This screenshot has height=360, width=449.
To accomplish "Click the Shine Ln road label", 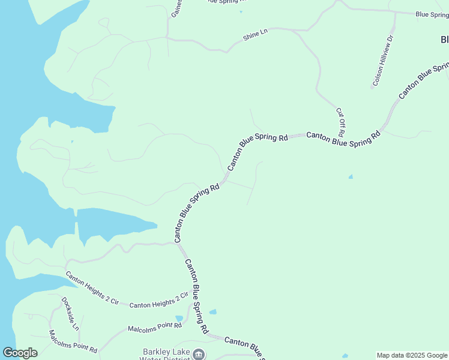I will (255, 36).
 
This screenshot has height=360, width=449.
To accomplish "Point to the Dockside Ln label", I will (70, 314).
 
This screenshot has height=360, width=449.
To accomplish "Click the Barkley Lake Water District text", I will (166, 355).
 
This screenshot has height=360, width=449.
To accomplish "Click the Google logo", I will (20, 353).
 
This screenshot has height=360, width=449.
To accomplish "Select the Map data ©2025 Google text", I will (412, 355).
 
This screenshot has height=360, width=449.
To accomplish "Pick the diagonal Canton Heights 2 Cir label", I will (92, 287).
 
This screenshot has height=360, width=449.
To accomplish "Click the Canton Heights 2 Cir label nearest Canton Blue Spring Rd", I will (159, 301).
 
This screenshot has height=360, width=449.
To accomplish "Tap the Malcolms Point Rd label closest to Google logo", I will (73, 341).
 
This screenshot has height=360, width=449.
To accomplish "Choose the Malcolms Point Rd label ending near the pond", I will (154, 328).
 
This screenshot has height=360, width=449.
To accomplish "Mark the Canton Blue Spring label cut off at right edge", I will (424, 79).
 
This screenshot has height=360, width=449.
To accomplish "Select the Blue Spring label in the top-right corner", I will (432, 14).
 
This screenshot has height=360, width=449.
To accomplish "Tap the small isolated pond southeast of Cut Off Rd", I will (351, 177).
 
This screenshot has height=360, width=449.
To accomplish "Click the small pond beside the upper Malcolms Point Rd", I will (179, 319).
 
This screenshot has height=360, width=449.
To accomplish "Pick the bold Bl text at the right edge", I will (444, 40).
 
